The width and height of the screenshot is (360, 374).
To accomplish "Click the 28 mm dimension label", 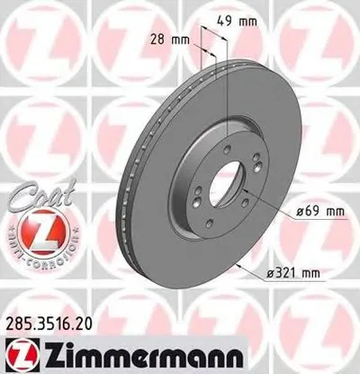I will pyautogui.click(x=169, y=40).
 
